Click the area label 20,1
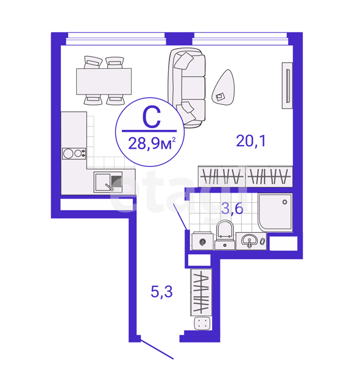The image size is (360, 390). (251, 141)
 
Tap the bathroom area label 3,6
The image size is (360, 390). (232, 208)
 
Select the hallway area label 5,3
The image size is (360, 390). (161, 291)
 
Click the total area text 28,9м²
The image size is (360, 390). (152, 143)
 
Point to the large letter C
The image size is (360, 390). (152, 118)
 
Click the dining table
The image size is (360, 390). (104, 81)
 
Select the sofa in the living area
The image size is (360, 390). (187, 88)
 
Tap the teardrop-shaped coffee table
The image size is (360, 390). (224, 87)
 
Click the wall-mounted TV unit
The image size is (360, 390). (287, 85)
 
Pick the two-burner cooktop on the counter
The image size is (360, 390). (74, 154)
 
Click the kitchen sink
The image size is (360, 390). (108, 182)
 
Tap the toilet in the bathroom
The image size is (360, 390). (225, 235)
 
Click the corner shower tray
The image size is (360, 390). (275, 213)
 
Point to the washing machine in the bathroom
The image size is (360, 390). (203, 241)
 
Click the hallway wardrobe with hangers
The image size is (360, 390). (201, 292)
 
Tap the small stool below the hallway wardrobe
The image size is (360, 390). (202, 324)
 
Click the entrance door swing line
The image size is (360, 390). (157, 349)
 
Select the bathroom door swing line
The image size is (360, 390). (180, 217)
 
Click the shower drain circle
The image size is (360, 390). (285, 202)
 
